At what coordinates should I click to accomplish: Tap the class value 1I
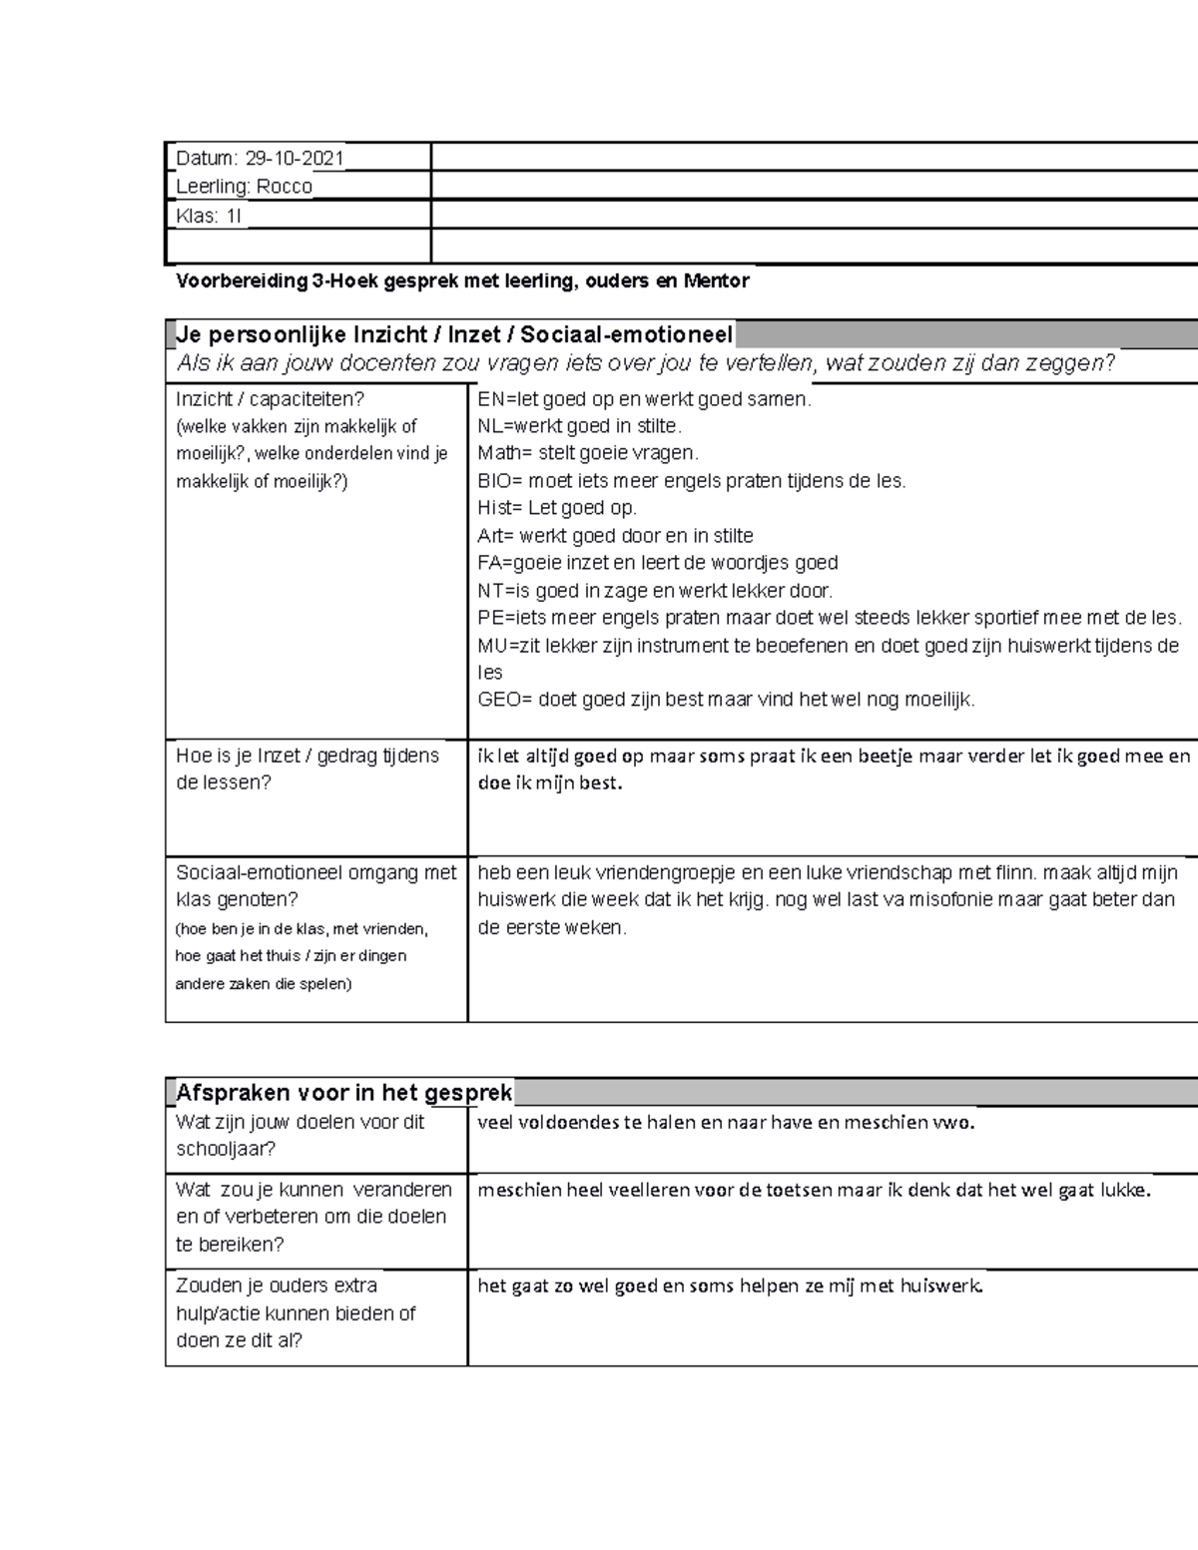click(233, 216)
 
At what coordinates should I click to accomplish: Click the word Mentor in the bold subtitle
click(716, 281)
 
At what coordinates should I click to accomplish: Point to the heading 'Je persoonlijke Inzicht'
click(454, 334)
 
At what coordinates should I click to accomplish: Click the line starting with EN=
click(644, 399)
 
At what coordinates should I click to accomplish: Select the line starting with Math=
click(588, 453)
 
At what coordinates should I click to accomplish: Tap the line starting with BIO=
click(692, 481)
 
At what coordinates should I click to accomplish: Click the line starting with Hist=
click(556, 508)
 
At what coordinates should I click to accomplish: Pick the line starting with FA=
click(657, 563)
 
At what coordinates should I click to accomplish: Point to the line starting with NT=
click(655, 591)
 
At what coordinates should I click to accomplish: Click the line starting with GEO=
click(726, 700)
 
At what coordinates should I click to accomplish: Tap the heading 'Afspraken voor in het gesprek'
click(343, 1093)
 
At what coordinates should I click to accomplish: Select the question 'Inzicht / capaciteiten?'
click(271, 399)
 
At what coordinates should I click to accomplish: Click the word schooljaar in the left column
click(226, 1149)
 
